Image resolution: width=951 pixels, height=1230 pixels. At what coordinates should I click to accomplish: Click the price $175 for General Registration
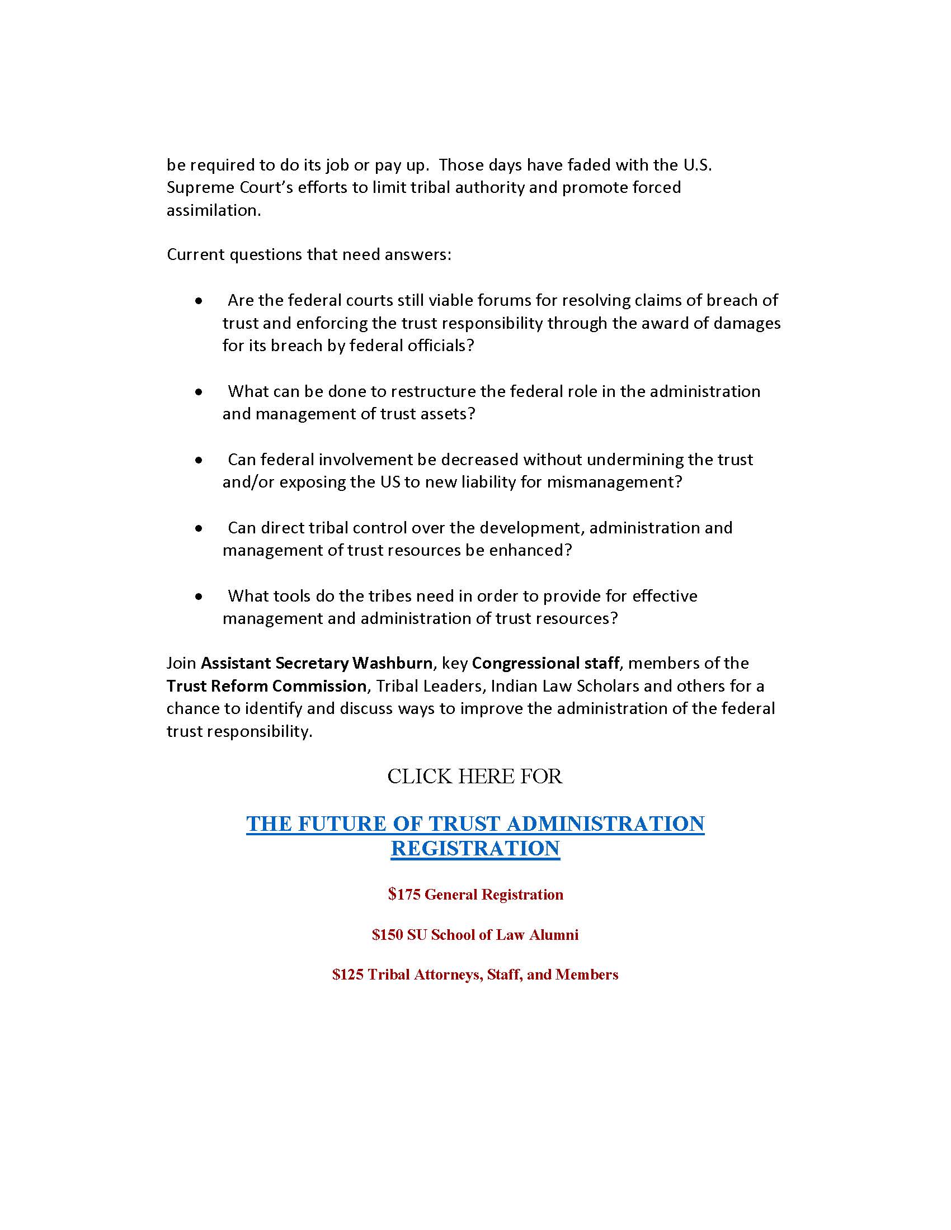[x=404, y=895]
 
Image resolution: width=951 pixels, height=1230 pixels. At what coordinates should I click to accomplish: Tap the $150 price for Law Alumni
[x=388, y=934]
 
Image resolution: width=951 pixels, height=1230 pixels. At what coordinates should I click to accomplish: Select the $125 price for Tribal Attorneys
[x=347, y=974]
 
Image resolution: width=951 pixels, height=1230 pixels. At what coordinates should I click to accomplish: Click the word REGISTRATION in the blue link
[x=475, y=848]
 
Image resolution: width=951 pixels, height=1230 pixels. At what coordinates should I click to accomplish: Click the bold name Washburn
[x=392, y=663]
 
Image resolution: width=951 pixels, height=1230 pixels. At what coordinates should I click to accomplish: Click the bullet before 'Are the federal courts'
[x=199, y=302]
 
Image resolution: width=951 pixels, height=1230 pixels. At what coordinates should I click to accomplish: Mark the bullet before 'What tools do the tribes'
[x=199, y=597]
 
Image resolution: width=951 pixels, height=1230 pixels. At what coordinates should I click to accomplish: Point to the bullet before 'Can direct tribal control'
[x=199, y=529]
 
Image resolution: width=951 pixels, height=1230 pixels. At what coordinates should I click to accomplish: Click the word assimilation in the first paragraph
[x=214, y=210]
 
